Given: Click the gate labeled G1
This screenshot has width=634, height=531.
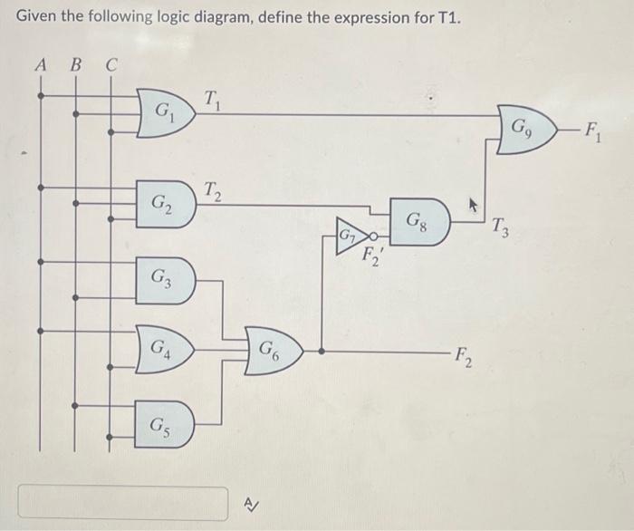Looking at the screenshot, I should tap(166, 114).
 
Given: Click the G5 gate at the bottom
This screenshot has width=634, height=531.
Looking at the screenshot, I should tap(166, 420).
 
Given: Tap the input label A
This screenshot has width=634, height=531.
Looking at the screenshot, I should tap(40, 64).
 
